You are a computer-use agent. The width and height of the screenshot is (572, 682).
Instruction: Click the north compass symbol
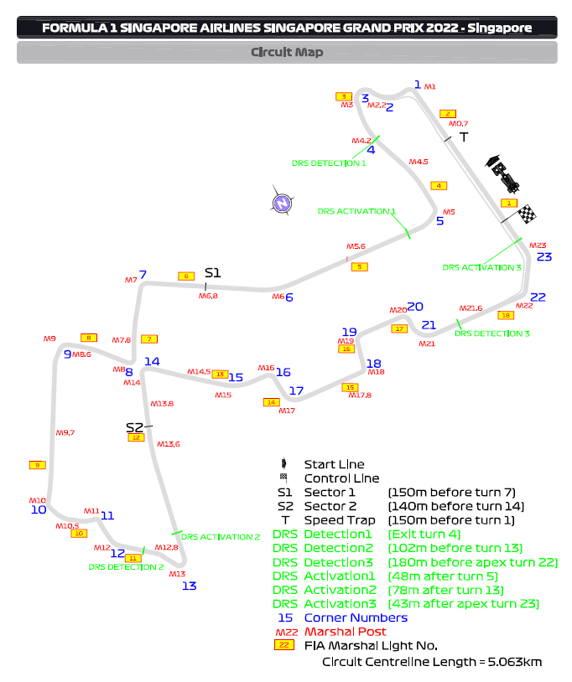click(x=283, y=201)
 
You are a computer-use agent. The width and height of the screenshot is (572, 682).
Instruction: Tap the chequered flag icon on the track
click(x=526, y=214)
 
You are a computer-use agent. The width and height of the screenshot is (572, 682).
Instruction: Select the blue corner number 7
click(x=143, y=274)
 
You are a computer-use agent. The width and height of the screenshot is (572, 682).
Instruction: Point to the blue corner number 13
click(x=190, y=586)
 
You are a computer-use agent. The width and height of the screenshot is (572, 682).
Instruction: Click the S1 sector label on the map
click(x=212, y=273)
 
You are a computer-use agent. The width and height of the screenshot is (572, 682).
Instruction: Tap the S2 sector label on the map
click(x=134, y=427)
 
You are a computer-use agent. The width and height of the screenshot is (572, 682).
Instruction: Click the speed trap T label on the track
click(x=463, y=137)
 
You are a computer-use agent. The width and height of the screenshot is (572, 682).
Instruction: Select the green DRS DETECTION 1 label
click(x=329, y=163)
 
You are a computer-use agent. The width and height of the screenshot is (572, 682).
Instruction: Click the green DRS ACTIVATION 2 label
click(x=221, y=537)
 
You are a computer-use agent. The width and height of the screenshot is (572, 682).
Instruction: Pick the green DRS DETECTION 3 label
click(x=492, y=333)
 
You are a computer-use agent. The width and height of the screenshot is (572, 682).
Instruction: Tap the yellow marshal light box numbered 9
click(x=36, y=465)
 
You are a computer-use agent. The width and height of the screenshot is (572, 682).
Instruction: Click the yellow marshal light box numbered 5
click(x=359, y=267)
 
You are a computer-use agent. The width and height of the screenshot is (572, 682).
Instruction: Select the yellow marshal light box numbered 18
click(x=505, y=316)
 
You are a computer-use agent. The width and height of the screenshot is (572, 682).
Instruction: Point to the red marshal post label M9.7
click(x=65, y=432)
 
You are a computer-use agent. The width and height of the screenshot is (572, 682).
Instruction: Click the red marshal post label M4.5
click(x=419, y=162)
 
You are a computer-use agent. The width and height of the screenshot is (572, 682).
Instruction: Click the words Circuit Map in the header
click(x=287, y=52)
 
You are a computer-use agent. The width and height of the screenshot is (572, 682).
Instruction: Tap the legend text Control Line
click(x=341, y=478)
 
